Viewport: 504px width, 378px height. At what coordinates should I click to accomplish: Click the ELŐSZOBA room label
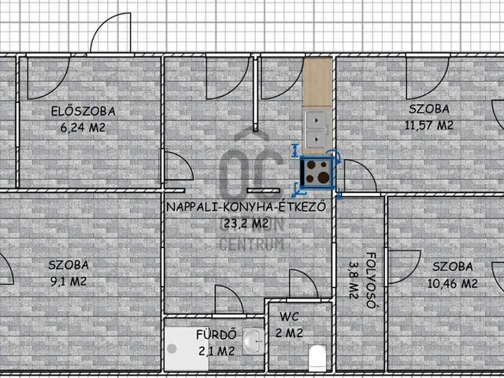pyautogui.click(x=83, y=111)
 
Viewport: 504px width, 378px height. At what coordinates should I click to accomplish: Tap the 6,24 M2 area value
pyautogui.click(x=83, y=128)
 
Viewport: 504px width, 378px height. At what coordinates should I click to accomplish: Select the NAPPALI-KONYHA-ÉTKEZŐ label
pyautogui.click(x=246, y=206)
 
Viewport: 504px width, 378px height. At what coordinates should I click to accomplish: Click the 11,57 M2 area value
pyautogui.click(x=429, y=125)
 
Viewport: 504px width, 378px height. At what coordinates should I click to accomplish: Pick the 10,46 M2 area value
pyautogui.click(x=453, y=283)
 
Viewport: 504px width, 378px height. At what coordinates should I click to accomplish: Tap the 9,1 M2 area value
pyautogui.click(x=69, y=282)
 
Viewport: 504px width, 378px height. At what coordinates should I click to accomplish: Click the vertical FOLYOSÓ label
pyautogui.click(x=371, y=280)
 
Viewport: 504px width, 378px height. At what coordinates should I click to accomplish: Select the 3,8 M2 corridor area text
pyautogui.click(x=354, y=280)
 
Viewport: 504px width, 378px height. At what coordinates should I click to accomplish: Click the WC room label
pyautogui.click(x=289, y=317)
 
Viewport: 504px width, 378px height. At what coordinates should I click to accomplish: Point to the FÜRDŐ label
pyautogui.click(x=217, y=335)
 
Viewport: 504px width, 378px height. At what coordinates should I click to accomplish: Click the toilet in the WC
pyautogui.click(x=317, y=358)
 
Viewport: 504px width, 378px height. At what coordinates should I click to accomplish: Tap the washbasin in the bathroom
pyautogui.click(x=253, y=341)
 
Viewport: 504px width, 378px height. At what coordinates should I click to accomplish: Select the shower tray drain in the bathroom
pyautogui.click(x=172, y=348)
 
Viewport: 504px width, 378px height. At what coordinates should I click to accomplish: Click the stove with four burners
pyautogui.click(x=317, y=172)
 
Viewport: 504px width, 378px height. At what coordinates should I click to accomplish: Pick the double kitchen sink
pyautogui.click(x=317, y=129)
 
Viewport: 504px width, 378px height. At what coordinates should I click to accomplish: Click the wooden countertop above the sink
pyautogui.click(x=317, y=83)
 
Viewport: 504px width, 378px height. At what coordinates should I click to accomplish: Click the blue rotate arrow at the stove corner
pyautogui.click(x=335, y=156)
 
